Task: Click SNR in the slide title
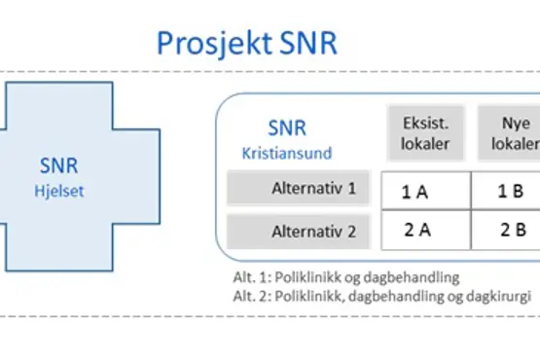tap(306, 45)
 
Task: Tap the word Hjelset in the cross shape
tap(60, 192)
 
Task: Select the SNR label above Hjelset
tap(59, 167)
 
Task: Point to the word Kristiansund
tap(287, 153)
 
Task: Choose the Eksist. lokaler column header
tap(425, 133)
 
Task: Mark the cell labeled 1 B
tap(511, 191)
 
